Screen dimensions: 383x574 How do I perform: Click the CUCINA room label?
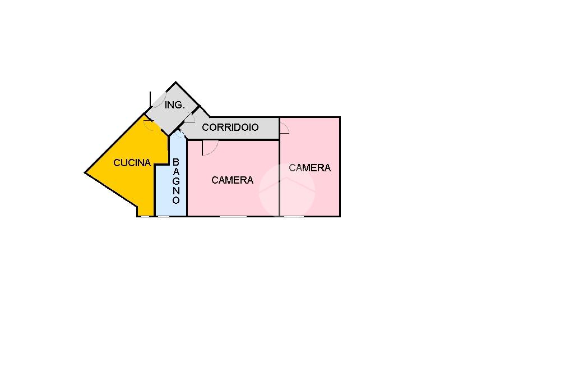pyautogui.click(x=132, y=163)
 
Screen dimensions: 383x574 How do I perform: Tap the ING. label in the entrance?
pyautogui.click(x=175, y=105)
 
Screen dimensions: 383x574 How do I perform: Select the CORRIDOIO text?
pyautogui.click(x=230, y=127)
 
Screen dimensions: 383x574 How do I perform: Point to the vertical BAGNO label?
pyautogui.click(x=176, y=181)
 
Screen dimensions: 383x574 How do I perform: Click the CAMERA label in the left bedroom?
pyautogui.click(x=232, y=180)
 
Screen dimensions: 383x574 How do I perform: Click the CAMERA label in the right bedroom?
pyautogui.click(x=309, y=168)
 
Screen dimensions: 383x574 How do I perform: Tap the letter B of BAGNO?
pyautogui.click(x=176, y=162)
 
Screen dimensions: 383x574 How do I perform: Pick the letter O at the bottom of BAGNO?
pyautogui.click(x=176, y=200)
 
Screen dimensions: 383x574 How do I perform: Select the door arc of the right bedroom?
pyautogui.click(x=285, y=129)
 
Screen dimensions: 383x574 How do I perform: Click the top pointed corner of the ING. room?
pyautogui.click(x=176, y=83)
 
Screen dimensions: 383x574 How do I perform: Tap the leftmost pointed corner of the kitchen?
pyautogui.click(x=85, y=172)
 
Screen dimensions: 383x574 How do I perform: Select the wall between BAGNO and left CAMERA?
pyautogui.click(x=187, y=180)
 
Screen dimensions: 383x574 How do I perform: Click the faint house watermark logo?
pyautogui.click(x=286, y=190)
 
